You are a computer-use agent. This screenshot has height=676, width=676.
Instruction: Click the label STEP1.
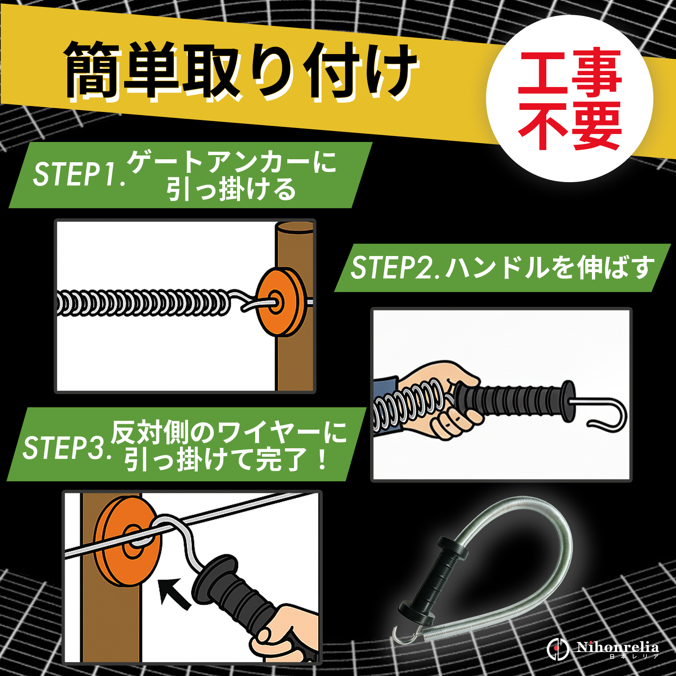79,174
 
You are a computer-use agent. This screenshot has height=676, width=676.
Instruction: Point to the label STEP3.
68,447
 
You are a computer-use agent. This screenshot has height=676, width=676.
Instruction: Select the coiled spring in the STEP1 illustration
144,303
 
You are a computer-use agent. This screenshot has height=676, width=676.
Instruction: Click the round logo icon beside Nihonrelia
558,649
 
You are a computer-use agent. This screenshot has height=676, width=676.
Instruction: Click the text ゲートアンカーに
232,162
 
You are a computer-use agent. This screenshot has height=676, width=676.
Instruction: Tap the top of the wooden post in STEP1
295,227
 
